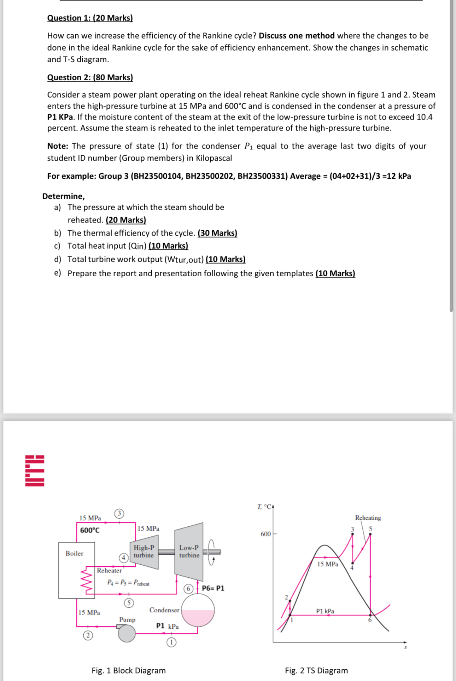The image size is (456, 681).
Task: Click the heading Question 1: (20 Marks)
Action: coord(90,18)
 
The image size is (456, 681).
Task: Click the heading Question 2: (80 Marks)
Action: coord(90,77)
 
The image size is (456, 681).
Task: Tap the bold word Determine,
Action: coord(63,196)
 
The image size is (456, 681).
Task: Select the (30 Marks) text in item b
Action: coord(217,233)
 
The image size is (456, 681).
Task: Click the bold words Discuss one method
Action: coord(296,36)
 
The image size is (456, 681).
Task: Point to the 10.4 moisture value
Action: coord(424,117)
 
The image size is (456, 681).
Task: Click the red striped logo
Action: coord(35,471)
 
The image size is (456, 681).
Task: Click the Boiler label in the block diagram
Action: coord(75,553)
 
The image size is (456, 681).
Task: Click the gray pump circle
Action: coord(127,633)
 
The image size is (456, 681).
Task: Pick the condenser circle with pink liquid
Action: coord(198,610)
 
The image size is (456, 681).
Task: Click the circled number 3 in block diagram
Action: coord(119,513)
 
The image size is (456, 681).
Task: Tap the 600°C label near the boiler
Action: coord(90,530)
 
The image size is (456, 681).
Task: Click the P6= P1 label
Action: coord(213,588)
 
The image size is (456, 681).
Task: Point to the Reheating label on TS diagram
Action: coord(368,518)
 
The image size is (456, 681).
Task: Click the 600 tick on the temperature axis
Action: coord(266,534)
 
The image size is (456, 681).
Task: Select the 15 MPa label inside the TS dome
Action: coord(327,564)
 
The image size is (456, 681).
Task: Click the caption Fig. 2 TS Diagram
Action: coord(316,670)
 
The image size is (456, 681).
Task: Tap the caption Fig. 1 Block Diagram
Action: coord(128,670)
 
